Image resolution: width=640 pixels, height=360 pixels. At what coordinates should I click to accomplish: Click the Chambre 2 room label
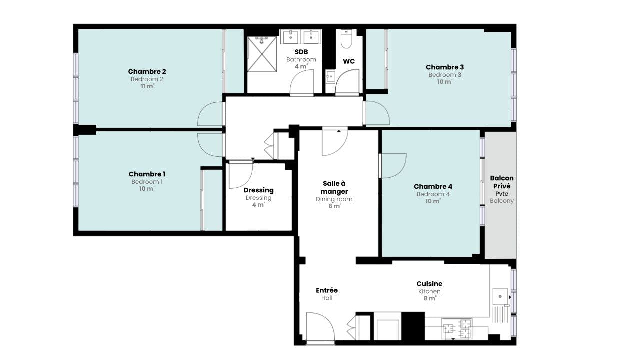coord(147,71)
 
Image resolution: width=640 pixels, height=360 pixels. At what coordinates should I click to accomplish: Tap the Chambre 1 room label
coord(147,174)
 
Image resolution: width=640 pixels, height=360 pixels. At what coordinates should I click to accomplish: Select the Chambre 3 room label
coord(445,67)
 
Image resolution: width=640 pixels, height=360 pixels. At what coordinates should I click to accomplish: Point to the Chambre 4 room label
coord(433,187)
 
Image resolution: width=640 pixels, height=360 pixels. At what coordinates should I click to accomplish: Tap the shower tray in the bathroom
coord(262,54)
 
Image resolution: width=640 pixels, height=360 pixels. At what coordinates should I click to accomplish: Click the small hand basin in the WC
coord(330,76)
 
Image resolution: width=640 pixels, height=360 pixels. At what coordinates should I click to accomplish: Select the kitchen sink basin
coord(500,296)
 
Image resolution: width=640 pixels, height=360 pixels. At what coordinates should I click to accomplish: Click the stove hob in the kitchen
coord(457,329)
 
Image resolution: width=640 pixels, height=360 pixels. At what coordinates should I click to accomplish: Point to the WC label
coord(349,61)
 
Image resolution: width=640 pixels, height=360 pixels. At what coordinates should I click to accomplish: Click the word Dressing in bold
coord(258,190)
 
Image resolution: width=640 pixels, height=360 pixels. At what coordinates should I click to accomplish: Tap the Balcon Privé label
coord(502,182)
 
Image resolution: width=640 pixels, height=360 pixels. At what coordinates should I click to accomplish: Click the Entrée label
coord(327,290)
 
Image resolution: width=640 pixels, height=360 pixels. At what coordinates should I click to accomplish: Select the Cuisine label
coord(429,284)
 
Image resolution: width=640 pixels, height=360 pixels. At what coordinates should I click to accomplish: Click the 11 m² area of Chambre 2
coord(147,86)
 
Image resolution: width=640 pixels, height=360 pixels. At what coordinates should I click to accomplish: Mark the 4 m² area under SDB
coord(301,66)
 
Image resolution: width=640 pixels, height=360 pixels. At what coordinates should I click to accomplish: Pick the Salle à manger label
coord(334,187)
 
